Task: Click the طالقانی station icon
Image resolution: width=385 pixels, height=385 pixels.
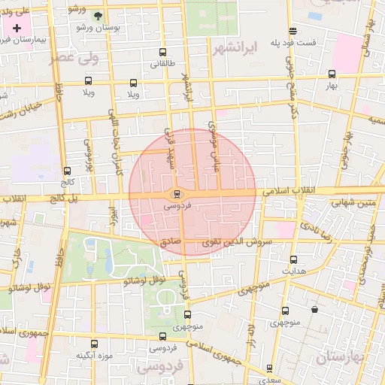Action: (x=165, y=53)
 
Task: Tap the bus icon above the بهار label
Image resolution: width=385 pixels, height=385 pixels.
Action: (x=332, y=74)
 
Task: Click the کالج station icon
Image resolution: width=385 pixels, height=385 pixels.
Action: (x=68, y=171)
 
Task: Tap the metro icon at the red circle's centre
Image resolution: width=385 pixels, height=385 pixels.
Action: (x=177, y=194)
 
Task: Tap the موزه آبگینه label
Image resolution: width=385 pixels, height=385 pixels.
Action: (x=94, y=355)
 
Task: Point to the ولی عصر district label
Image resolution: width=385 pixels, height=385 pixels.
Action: (x=75, y=57)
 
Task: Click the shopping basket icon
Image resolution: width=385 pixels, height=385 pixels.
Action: (x=314, y=309)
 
